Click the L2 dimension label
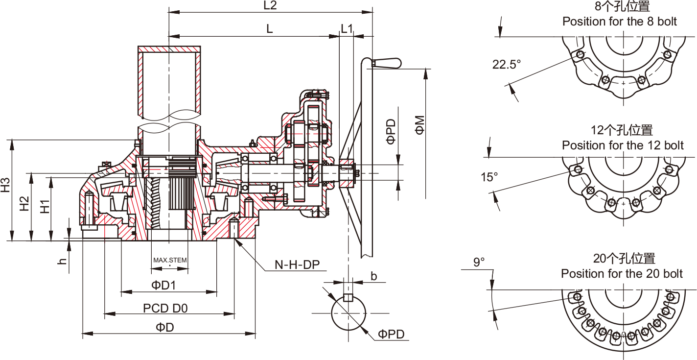pyautogui.click(x=270, y=6)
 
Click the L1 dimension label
pyautogui.click(x=347, y=28)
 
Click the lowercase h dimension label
pyautogui.click(x=62, y=262)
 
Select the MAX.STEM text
pyautogui.click(x=170, y=260)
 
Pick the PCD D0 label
pyautogui.click(x=165, y=308)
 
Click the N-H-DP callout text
pyautogui.click(x=297, y=265)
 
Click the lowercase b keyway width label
pyautogui.click(x=373, y=276)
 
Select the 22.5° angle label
pyautogui.click(x=507, y=65)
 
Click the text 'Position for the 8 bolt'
pyautogui.click(x=619, y=22)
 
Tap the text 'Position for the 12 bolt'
pyautogui.click(x=623, y=145)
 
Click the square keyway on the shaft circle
pyautogui.click(x=348, y=297)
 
